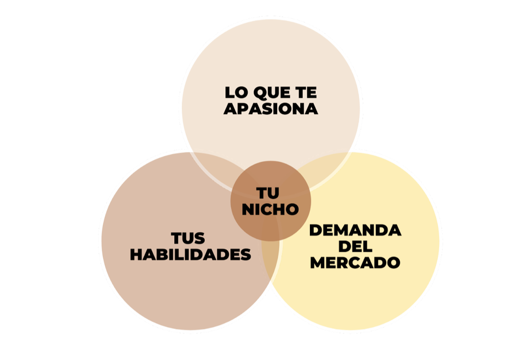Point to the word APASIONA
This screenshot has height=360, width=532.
(271, 109)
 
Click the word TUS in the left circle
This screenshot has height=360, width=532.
(188, 238)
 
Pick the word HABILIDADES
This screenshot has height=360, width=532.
(190, 254)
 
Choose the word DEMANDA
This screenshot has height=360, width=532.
(355, 230)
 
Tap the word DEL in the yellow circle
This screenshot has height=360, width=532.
(355, 247)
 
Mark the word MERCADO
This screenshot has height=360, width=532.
(355, 263)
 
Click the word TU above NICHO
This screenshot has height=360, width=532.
(268, 194)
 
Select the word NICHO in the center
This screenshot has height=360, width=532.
(270, 209)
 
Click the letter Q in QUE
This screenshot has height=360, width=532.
(260, 93)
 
